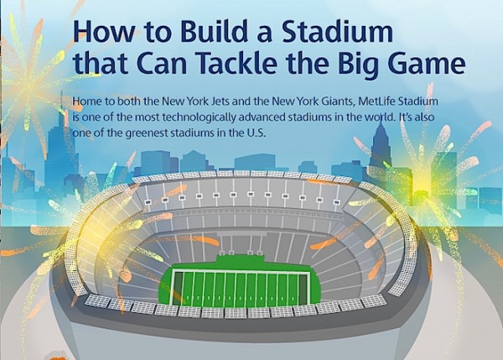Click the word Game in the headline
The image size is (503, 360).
click(428, 63)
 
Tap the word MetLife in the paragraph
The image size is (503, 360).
click(376, 102)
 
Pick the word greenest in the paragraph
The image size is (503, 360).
click(146, 133)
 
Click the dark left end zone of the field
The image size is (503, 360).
click(178, 288)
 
